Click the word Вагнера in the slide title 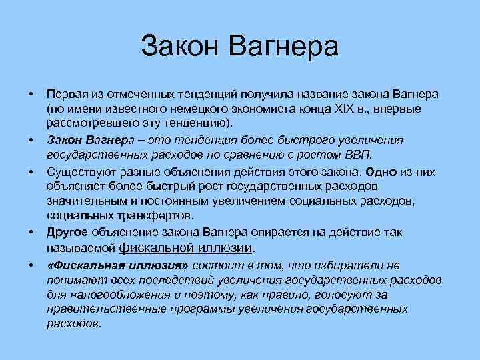(x=285, y=47)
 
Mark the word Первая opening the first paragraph (x=67, y=93)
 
